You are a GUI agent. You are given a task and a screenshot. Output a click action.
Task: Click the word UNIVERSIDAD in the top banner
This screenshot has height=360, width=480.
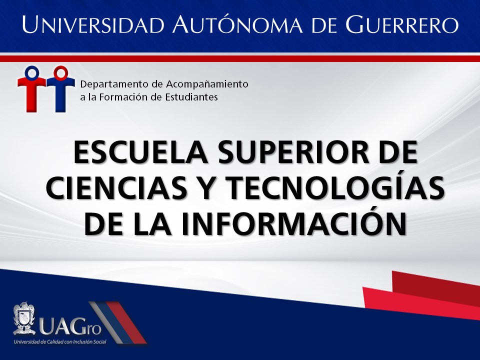click(x=93, y=24)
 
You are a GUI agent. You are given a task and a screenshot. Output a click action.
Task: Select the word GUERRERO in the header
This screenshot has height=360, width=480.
click(x=402, y=24)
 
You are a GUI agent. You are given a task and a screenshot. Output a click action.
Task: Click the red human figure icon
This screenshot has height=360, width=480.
click(x=32, y=89)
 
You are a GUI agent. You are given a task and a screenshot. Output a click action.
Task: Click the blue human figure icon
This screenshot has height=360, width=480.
click(x=60, y=89)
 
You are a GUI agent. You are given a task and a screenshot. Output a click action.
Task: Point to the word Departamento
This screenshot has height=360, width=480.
click(x=111, y=84)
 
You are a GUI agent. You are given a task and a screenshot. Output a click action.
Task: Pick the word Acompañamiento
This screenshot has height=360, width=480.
click(x=207, y=84)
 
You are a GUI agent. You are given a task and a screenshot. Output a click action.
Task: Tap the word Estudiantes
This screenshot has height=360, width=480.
click(x=191, y=97)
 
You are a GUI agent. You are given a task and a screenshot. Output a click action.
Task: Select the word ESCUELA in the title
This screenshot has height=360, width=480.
click(x=141, y=152)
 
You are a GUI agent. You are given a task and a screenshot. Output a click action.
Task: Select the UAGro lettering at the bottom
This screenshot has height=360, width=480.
click(x=70, y=327)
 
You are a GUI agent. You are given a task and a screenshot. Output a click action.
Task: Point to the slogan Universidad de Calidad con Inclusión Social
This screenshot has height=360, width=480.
click(x=59, y=341)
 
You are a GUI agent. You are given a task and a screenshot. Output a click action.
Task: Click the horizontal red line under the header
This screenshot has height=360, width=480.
click(x=240, y=59)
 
